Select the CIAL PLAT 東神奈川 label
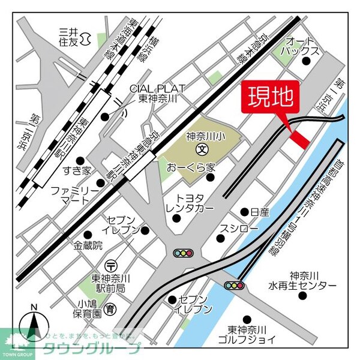[x=157, y=93]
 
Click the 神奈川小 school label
[x=206, y=134]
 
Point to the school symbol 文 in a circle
[x=202, y=148]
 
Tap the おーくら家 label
[x=191, y=166]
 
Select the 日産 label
[x=260, y=212]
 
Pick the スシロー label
[x=239, y=230]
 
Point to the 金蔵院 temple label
[x=89, y=245]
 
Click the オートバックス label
[x=301, y=47]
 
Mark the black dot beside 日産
[x=244, y=212]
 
